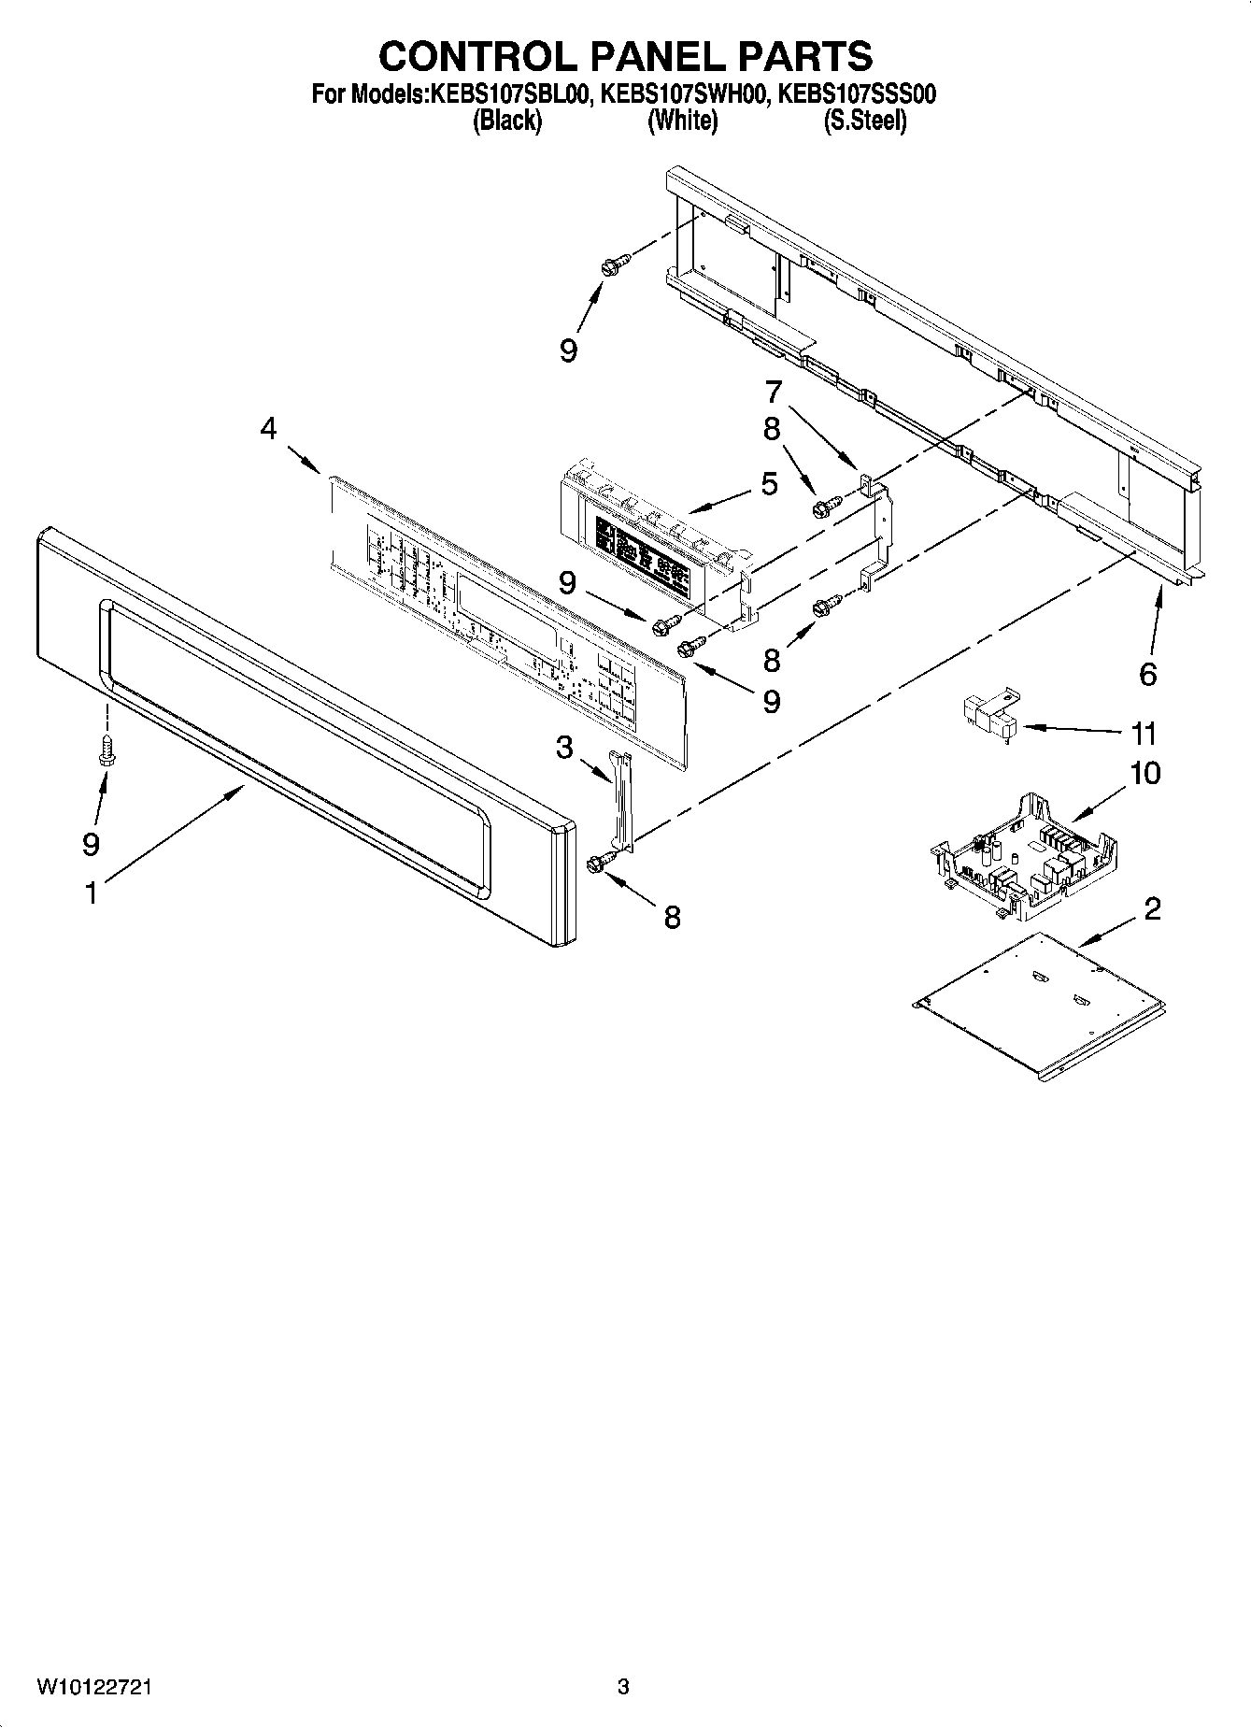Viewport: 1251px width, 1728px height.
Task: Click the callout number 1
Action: coord(91,893)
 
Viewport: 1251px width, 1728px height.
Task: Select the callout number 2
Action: coord(1152,907)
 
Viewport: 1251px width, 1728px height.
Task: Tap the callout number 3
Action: coord(564,748)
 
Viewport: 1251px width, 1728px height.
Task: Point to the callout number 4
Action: coord(268,429)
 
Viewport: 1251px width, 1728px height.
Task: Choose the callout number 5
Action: coord(769,484)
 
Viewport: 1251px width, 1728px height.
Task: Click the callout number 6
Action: coord(1148,673)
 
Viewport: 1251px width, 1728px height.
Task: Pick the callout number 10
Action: coord(1145,774)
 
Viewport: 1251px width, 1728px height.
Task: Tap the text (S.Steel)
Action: coord(864,121)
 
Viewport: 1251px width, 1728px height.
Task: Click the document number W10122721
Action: coord(94,1688)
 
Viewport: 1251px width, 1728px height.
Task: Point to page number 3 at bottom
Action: coord(623,1688)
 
